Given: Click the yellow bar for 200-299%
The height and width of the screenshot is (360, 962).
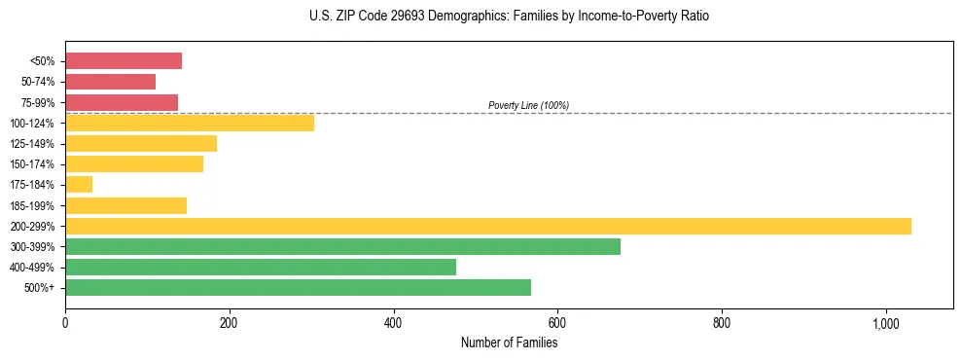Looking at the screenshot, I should pos(487,226).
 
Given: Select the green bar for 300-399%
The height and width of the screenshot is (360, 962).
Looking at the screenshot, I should pos(342,246).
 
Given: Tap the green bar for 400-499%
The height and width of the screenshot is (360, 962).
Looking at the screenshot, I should pos(260,267).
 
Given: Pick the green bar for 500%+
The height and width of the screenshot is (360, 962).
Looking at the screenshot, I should pos(298,287).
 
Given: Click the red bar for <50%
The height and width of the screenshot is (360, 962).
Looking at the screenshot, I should pos(124,61).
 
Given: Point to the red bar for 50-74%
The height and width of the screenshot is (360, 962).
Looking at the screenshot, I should pos(110,82).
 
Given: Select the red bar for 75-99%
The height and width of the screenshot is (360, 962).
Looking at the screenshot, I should pos(122,102).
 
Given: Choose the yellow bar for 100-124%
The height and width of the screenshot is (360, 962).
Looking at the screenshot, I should pos(190,123).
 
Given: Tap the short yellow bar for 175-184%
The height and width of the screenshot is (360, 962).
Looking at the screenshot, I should pos(79,185).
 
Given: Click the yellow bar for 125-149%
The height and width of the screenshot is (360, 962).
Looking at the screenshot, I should pos(141,143).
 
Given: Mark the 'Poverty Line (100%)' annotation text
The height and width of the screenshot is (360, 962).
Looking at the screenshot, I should pos(528,105).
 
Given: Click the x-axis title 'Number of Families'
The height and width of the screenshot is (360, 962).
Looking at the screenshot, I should pos(509,342).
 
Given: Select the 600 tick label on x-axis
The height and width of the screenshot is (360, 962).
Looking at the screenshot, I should pos(557,323).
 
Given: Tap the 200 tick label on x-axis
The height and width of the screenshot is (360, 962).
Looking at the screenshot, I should pos(230,323).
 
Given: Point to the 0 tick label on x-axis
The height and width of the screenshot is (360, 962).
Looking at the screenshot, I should pos(65,323).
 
